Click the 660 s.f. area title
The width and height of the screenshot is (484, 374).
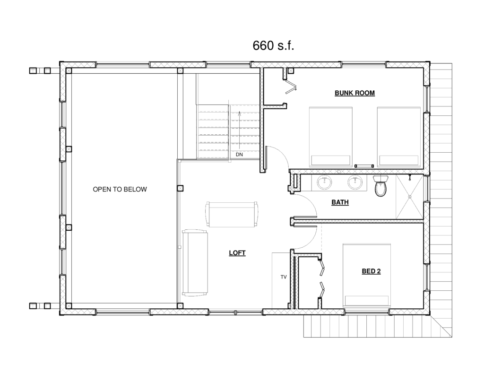273,45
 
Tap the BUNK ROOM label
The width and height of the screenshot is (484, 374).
354,93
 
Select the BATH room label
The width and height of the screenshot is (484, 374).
340,202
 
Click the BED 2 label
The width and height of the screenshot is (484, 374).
371,271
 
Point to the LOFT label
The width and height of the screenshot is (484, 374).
237,253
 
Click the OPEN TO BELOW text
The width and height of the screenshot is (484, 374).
120,189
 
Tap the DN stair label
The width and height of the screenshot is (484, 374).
239,155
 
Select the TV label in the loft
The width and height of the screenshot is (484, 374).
284,277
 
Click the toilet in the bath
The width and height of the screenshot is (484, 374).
380,186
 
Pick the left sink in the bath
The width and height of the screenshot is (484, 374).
324,183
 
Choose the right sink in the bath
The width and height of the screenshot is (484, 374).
355,183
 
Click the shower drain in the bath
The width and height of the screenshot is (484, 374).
410,196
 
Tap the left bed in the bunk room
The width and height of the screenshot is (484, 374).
330,137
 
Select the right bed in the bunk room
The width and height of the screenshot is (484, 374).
399,137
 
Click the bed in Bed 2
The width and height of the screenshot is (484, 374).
367,276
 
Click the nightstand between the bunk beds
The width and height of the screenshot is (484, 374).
364,166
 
